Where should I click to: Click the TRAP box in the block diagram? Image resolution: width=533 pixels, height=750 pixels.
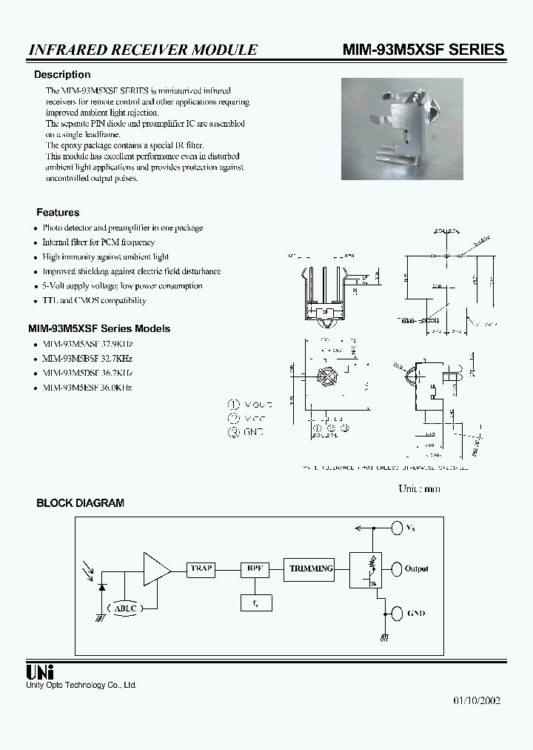click(x=201, y=569)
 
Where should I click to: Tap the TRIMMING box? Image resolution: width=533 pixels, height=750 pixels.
click(x=311, y=569)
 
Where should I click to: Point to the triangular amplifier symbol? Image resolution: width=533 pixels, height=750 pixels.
click(x=155, y=569)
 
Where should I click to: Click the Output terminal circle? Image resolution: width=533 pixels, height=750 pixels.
click(x=395, y=569)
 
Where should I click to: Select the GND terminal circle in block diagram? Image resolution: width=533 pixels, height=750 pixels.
click(x=395, y=613)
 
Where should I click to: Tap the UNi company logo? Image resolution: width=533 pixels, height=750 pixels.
click(x=39, y=672)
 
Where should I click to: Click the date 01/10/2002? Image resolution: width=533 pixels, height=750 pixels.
click(x=477, y=701)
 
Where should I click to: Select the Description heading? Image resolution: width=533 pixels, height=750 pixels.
click(x=62, y=75)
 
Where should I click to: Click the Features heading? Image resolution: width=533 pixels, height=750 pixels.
click(x=58, y=212)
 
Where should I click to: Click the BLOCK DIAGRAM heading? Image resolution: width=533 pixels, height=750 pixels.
click(x=80, y=502)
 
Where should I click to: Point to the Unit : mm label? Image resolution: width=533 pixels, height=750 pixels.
click(x=419, y=488)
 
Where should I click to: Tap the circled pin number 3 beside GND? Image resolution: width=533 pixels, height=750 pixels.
click(x=235, y=431)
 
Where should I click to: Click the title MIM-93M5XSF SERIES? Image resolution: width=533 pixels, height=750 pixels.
click(x=423, y=49)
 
